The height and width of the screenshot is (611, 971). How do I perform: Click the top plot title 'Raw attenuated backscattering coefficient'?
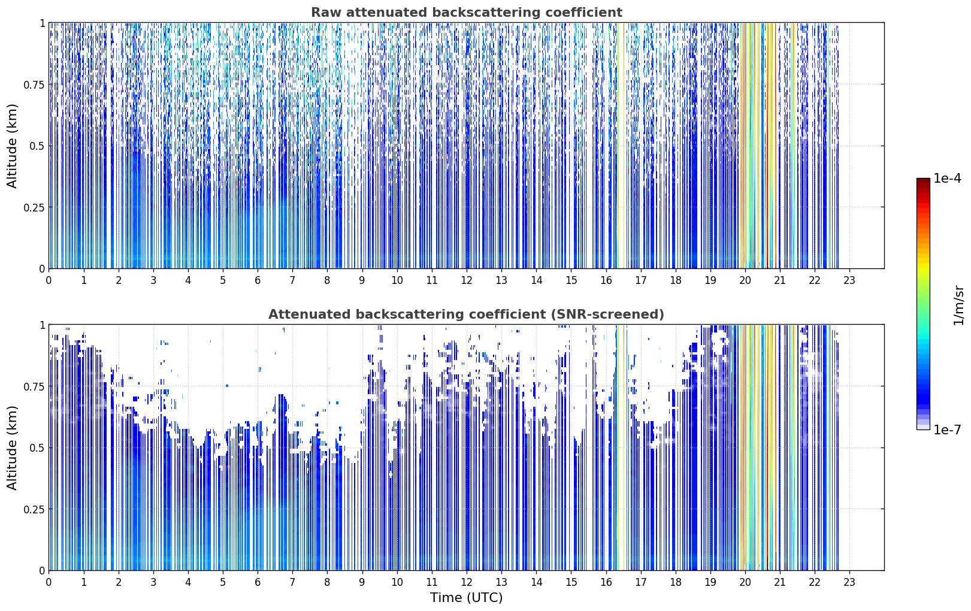[x=467, y=12]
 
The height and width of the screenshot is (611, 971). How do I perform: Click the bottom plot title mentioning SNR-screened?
[x=466, y=314]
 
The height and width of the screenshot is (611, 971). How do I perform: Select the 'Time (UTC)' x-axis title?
[x=467, y=598]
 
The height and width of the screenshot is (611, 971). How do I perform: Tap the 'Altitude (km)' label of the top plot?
[x=12, y=146]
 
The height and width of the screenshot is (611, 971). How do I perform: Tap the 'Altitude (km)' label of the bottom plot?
[x=12, y=447]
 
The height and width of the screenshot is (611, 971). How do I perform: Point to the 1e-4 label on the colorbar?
[x=947, y=178]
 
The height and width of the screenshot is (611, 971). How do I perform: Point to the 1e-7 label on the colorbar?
[x=947, y=430]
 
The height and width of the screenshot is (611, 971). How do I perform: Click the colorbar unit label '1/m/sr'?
[x=958, y=305]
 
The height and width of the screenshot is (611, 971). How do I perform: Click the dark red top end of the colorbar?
[x=923, y=180]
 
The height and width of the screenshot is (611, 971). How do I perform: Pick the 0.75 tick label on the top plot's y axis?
[x=34, y=84]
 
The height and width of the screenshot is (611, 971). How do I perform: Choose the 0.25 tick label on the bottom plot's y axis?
[x=34, y=509]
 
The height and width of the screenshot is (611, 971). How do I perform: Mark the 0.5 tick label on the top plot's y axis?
[x=37, y=146]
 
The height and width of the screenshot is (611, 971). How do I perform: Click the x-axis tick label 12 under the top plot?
[x=467, y=280]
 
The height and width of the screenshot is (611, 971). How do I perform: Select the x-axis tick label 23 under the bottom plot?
[x=849, y=582]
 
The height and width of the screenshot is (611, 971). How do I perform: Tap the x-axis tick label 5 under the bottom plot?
[x=222, y=582]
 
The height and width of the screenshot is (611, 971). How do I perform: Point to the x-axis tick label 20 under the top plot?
[x=745, y=280]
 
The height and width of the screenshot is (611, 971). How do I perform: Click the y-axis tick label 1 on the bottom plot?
[x=43, y=325]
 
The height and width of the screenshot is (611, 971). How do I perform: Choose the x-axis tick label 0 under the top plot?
[x=49, y=280]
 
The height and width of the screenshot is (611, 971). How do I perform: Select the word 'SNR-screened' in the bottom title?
[x=605, y=314]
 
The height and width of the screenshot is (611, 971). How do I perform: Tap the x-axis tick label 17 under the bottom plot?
[x=640, y=582]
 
